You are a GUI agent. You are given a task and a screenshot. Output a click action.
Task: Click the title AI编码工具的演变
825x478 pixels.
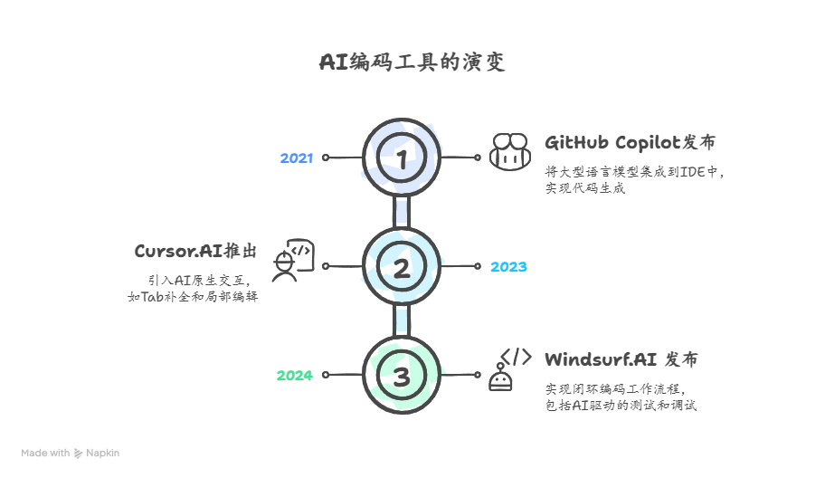pyautogui.click(x=412, y=62)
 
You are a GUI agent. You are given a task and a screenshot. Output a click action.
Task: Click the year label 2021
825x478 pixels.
pyautogui.click(x=296, y=158)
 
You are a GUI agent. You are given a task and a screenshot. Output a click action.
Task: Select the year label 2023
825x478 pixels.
pyautogui.click(x=508, y=267)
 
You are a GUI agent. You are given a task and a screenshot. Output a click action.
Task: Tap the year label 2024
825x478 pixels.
pyautogui.click(x=294, y=376)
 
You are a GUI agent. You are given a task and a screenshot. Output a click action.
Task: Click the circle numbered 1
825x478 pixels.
pyautogui.click(x=402, y=158)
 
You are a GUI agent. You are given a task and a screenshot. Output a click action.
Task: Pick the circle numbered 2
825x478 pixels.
pyautogui.click(x=402, y=266)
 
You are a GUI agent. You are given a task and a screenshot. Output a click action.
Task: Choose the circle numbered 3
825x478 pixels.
pyautogui.click(x=402, y=374)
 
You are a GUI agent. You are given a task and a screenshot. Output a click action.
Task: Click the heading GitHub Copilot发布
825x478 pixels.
pyautogui.click(x=631, y=143)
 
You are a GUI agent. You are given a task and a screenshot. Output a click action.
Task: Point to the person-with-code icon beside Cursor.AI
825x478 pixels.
pyautogui.click(x=292, y=261)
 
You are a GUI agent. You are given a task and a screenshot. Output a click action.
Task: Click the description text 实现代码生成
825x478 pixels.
pyautogui.click(x=584, y=188)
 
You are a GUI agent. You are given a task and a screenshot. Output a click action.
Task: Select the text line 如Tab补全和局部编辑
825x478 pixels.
pyautogui.click(x=193, y=296)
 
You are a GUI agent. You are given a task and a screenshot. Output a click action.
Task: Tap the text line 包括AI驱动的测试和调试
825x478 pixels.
pyautogui.click(x=621, y=405)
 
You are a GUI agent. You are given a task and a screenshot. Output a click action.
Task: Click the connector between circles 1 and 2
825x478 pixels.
pyautogui.click(x=402, y=212)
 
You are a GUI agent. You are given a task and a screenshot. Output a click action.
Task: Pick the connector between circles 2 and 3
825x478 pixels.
pyautogui.click(x=402, y=320)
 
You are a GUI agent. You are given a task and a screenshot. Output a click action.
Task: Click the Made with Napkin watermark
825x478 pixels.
pyautogui.click(x=71, y=453)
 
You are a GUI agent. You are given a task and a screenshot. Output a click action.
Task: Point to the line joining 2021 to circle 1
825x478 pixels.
pyautogui.click(x=344, y=158)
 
